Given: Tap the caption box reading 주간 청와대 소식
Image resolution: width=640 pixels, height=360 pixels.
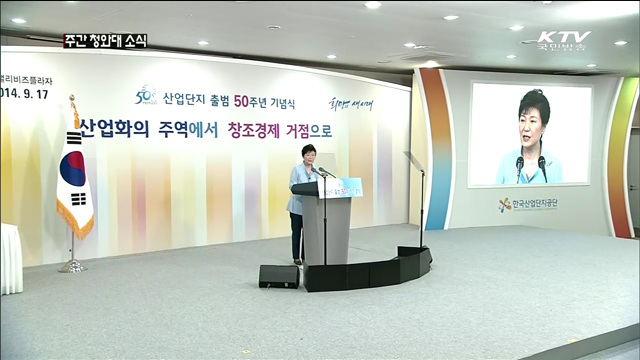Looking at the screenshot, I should coord(104,41).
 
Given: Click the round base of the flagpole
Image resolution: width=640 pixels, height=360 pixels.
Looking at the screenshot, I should coord(72,266).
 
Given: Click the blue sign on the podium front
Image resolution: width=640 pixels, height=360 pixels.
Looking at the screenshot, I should coord(340,187).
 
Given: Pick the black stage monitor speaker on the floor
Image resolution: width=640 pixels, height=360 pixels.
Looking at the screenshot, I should coord(278,276).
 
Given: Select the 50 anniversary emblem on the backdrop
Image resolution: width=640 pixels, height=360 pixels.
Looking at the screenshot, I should coord(146,96).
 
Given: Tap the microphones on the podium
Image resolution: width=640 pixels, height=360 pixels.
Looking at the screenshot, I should coord(319,172).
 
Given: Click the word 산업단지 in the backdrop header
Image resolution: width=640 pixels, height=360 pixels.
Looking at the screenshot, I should coord(182,97).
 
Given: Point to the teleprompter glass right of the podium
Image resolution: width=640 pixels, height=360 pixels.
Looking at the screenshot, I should coord(414,162).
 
